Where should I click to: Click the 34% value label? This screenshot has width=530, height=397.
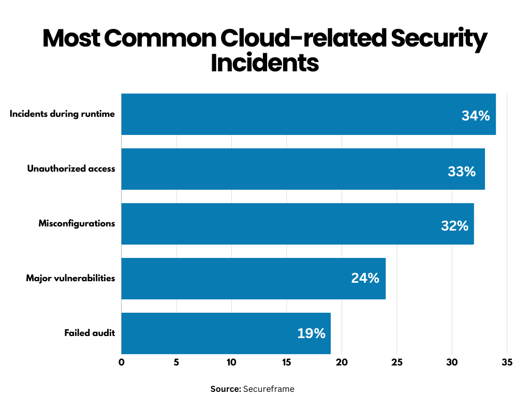[475, 116]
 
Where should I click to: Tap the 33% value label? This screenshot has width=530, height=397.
[461, 171]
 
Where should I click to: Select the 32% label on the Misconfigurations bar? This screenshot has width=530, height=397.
[454, 226]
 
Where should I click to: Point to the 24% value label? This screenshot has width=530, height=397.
[365, 278]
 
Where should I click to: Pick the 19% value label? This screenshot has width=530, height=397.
[311, 333]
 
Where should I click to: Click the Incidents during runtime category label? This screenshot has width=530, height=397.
[62, 114]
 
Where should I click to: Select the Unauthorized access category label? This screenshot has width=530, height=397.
[71, 169]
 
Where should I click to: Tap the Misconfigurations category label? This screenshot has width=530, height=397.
[77, 223]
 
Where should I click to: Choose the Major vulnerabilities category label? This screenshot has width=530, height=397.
[70, 278]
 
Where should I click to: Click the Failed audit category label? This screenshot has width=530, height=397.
[90, 333]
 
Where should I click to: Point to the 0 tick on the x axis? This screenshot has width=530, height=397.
[122, 362]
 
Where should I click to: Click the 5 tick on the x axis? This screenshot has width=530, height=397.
[176, 362]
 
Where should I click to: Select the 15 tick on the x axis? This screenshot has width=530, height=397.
[286, 362]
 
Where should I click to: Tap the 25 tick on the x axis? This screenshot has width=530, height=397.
[396, 362]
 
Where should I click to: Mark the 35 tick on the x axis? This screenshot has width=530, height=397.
[507, 362]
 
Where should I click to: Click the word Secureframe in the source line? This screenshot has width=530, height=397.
[269, 389]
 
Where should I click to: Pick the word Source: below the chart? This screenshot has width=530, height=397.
[226, 389]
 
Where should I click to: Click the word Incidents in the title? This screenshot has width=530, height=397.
[264, 63]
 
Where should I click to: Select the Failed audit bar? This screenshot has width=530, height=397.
[226, 333]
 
